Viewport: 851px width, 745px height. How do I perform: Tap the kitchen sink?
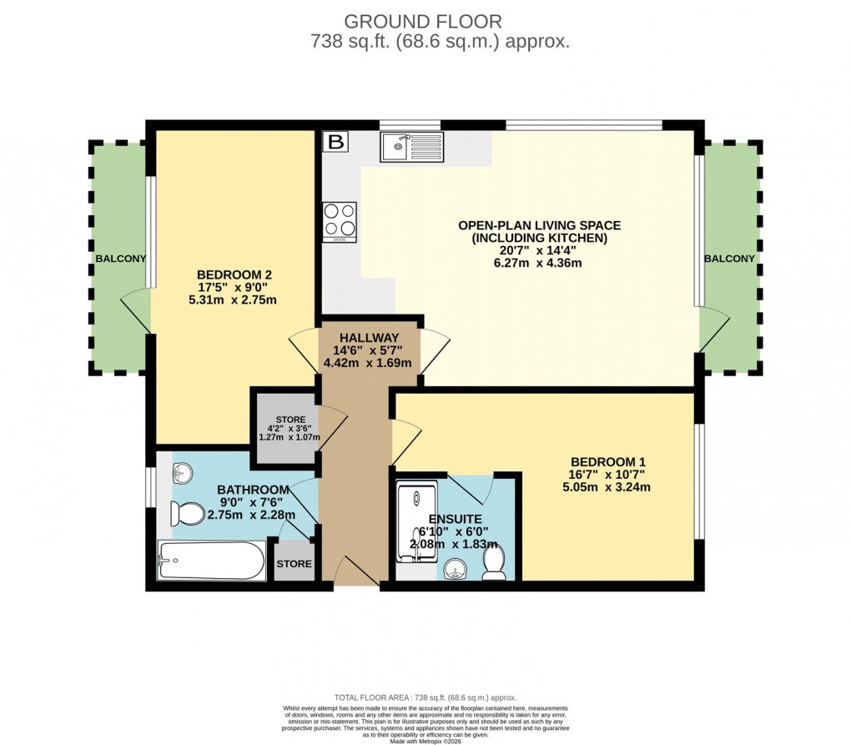tap(413, 148)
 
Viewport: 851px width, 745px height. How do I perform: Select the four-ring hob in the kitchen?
tap(340, 220)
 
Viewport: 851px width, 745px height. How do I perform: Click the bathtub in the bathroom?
tap(211, 561)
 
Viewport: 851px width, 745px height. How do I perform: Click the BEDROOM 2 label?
tap(234, 274)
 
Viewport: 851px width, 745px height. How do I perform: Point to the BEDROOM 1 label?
tap(608, 461)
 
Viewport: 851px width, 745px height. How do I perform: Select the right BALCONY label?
tap(729, 259)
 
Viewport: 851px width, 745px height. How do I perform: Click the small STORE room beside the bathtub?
tap(294, 564)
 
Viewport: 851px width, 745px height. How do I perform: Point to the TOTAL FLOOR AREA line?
tap(425, 697)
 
